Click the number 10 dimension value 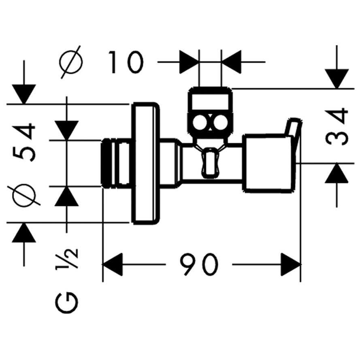click(126, 63)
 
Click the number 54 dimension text click(23, 143)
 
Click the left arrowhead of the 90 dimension click(113, 265)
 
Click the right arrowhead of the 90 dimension click(291, 265)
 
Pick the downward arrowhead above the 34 click(337, 79)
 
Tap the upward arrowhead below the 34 click(337, 174)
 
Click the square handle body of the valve click(267, 162)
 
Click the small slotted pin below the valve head click(209, 162)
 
